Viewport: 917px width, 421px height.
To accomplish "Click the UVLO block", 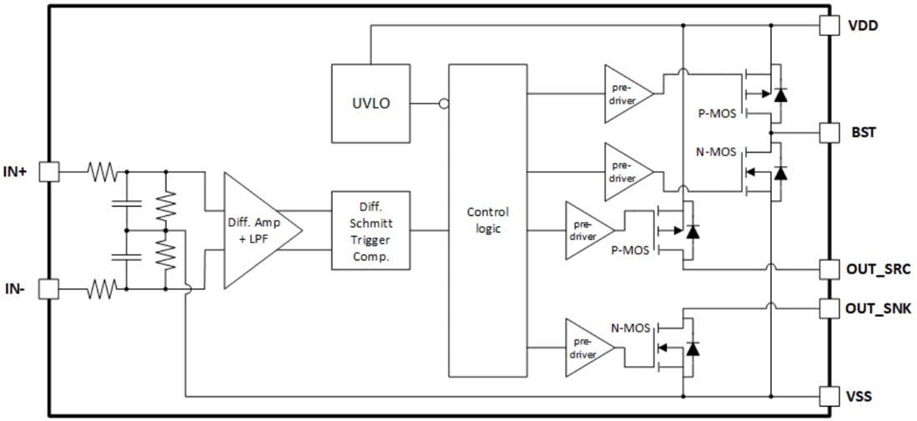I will pyautogui.click(x=370, y=103).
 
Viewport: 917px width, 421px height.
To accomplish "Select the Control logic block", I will pyautogui.click(x=488, y=220).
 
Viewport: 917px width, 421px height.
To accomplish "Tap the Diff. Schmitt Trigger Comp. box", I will pyautogui.click(x=371, y=229).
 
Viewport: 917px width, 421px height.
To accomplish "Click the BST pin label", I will pyautogui.click(x=863, y=132).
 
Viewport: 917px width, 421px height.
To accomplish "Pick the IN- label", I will pyautogui.click(x=16, y=289).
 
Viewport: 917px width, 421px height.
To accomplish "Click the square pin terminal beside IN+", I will pyautogui.click(x=50, y=172).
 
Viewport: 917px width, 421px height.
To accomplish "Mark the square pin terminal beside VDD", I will pyautogui.click(x=829, y=25).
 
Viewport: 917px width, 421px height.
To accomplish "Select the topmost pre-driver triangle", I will pyautogui.click(x=626, y=93).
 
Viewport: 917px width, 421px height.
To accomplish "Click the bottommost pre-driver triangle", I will pyautogui.click(x=587, y=348).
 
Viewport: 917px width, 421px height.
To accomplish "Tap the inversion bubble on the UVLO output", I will pyautogui.click(x=443, y=104).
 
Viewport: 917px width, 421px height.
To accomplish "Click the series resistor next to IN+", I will pyautogui.click(x=103, y=172).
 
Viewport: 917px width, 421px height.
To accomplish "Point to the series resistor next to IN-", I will pyautogui.click(x=103, y=289).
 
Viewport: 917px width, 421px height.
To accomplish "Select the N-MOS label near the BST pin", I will pyautogui.click(x=716, y=153).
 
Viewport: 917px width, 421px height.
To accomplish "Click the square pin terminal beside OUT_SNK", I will pyautogui.click(x=829, y=308).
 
